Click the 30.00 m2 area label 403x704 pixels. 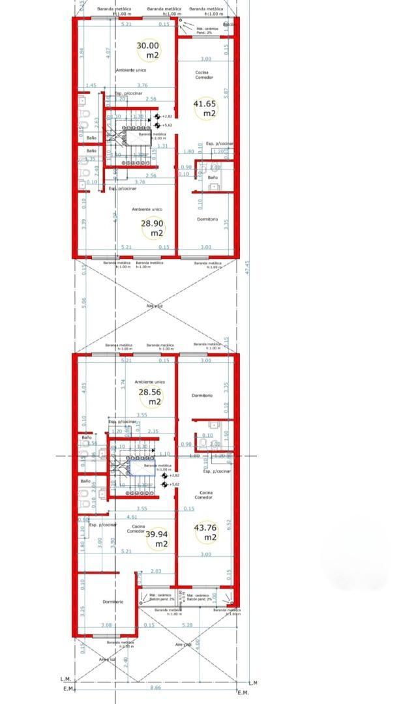pyautogui.click(x=147, y=50)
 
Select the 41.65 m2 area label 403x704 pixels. pyautogui.click(x=205, y=108)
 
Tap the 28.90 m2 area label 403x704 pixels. pyautogui.click(x=153, y=227)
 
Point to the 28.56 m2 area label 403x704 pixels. pyautogui.click(x=150, y=397)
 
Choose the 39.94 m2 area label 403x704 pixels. pyautogui.click(x=157, y=538)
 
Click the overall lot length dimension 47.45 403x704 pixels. pyautogui.click(x=247, y=267)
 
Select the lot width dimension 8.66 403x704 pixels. pyautogui.click(x=156, y=688)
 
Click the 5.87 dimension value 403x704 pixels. pyautogui.click(x=226, y=93)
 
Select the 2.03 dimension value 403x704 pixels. pyautogui.click(x=155, y=572)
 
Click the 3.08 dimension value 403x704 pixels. pyautogui.click(x=106, y=624)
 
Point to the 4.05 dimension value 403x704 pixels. pyautogui.click(x=83, y=387)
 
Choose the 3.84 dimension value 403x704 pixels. pyautogui.click(x=82, y=53)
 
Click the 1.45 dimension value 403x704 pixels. pyautogui.click(x=91, y=85)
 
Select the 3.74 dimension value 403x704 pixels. pyautogui.click(x=123, y=385)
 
